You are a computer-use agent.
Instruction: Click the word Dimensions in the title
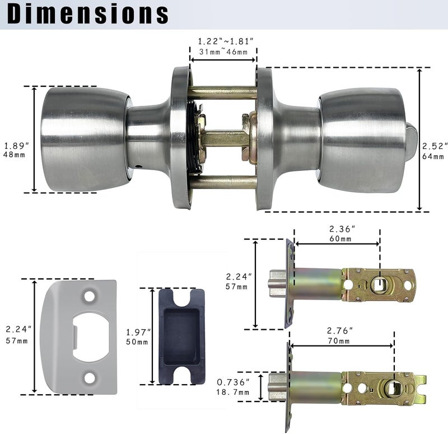[88, 13]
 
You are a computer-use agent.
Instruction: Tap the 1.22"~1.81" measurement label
[226, 41]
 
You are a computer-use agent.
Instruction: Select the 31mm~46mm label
[223, 52]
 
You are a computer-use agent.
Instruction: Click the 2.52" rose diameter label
[435, 146]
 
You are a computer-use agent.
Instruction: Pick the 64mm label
[433, 156]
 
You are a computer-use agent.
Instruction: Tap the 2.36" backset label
[342, 229]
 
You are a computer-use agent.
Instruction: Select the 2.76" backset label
[340, 330]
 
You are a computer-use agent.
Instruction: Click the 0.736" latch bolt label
[233, 382]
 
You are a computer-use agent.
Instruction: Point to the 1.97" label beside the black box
[138, 332]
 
